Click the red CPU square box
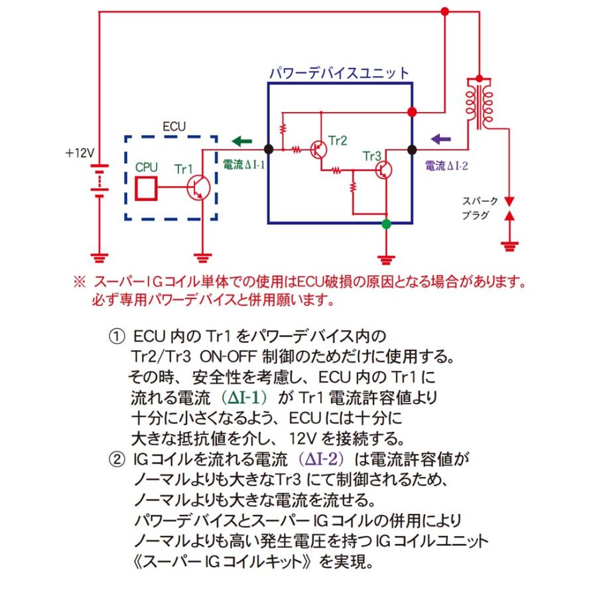pos(146,188)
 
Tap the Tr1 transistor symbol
pos(199,188)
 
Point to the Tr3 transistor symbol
pos(383,170)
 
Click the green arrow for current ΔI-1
pos(242,141)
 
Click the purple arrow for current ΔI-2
pos(440,139)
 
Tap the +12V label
pos(80,153)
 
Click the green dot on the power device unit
pos(387,225)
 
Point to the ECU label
pos(174,125)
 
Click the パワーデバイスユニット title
pos(338,72)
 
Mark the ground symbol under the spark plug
pos(509,247)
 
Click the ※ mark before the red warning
pos(80,282)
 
